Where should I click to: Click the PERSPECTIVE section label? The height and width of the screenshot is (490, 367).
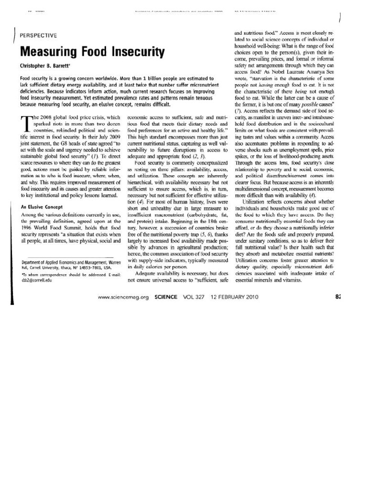[38, 35]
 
